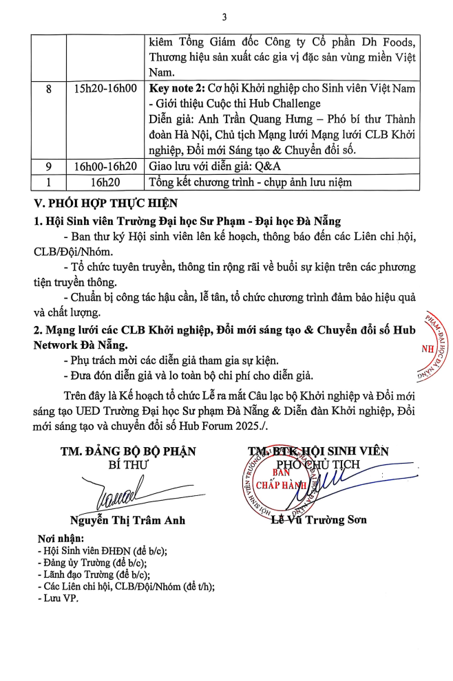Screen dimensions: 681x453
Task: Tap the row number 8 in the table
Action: pyautogui.click(x=48, y=89)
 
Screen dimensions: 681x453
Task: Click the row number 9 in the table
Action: pyautogui.click(x=48, y=166)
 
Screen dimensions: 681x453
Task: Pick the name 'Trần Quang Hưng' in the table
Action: pyautogui.click(x=242, y=120)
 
